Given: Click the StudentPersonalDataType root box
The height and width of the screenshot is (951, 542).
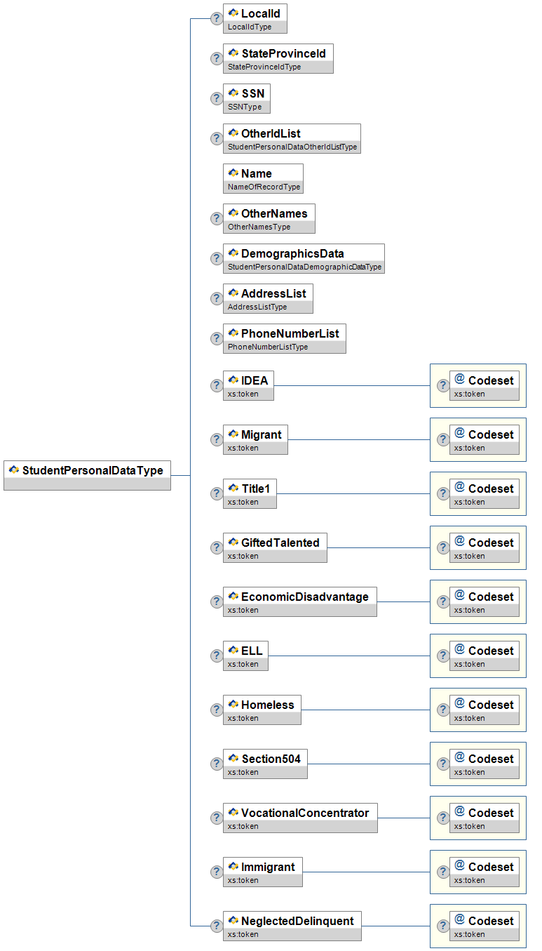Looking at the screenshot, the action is click(x=88, y=476).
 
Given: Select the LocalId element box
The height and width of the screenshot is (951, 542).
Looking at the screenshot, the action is click(x=255, y=19).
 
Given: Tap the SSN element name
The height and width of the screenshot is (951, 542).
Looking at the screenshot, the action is click(x=253, y=93).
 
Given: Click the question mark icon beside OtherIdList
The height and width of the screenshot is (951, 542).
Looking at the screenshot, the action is click(x=217, y=138).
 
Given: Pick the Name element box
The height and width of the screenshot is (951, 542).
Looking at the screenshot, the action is click(x=263, y=179).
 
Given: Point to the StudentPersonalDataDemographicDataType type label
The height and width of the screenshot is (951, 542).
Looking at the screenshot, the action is click(x=304, y=267).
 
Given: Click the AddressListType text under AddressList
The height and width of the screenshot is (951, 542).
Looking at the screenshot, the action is click(x=257, y=307).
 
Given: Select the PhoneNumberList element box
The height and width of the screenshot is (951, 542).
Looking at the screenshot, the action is click(x=285, y=339).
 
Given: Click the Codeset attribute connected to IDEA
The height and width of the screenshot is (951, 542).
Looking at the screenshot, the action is click(x=485, y=385).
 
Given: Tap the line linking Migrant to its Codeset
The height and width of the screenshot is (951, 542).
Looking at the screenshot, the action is click(x=359, y=440).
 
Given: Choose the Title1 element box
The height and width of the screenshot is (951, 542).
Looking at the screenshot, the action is click(x=250, y=494).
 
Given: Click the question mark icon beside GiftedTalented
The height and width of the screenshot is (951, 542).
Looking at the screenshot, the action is click(x=217, y=547).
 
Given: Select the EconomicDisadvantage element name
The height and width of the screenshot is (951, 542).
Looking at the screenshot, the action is click(x=305, y=597).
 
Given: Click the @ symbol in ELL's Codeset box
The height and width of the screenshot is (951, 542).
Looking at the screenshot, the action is click(x=460, y=649).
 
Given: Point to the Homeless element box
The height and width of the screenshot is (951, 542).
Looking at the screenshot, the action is click(x=262, y=710).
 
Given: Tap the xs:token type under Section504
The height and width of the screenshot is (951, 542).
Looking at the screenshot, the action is click(x=243, y=772).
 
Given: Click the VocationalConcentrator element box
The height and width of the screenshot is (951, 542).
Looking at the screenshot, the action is click(x=300, y=818).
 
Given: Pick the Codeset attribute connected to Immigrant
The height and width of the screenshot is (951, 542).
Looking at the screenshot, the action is click(x=485, y=872).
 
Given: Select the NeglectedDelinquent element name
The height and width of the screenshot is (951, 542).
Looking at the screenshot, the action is click(x=297, y=921).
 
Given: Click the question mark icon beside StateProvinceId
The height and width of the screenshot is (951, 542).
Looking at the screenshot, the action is click(x=217, y=58).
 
